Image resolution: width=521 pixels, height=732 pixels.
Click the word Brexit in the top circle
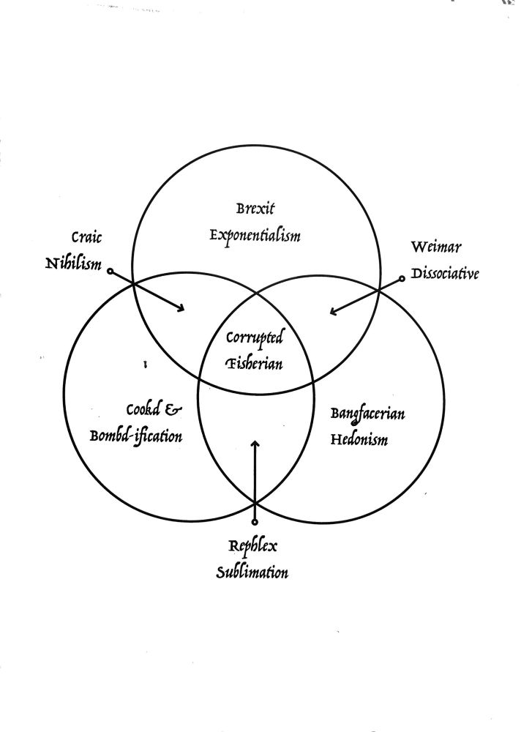tap(255, 208)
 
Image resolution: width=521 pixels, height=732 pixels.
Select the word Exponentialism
tap(255, 236)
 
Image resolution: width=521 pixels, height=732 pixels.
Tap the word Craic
tap(86, 238)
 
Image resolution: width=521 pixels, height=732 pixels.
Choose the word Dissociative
tap(445, 274)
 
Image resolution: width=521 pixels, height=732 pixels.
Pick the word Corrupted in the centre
tap(254, 338)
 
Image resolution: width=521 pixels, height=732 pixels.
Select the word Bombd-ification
tap(136, 437)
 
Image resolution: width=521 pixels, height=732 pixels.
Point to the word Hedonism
tap(358, 441)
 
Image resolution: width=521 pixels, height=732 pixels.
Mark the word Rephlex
tap(253, 547)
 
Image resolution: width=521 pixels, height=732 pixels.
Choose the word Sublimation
tap(252, 572)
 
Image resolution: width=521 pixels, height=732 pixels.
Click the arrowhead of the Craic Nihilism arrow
tap(181, 310)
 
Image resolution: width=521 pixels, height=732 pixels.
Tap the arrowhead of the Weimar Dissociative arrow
tap(333, 312)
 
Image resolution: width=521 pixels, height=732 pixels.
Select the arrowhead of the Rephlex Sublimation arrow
tap(255, 444)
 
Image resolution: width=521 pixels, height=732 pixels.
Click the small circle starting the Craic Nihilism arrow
tap(110, 272)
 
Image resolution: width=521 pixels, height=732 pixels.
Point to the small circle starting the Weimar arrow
tap(402, 278)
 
